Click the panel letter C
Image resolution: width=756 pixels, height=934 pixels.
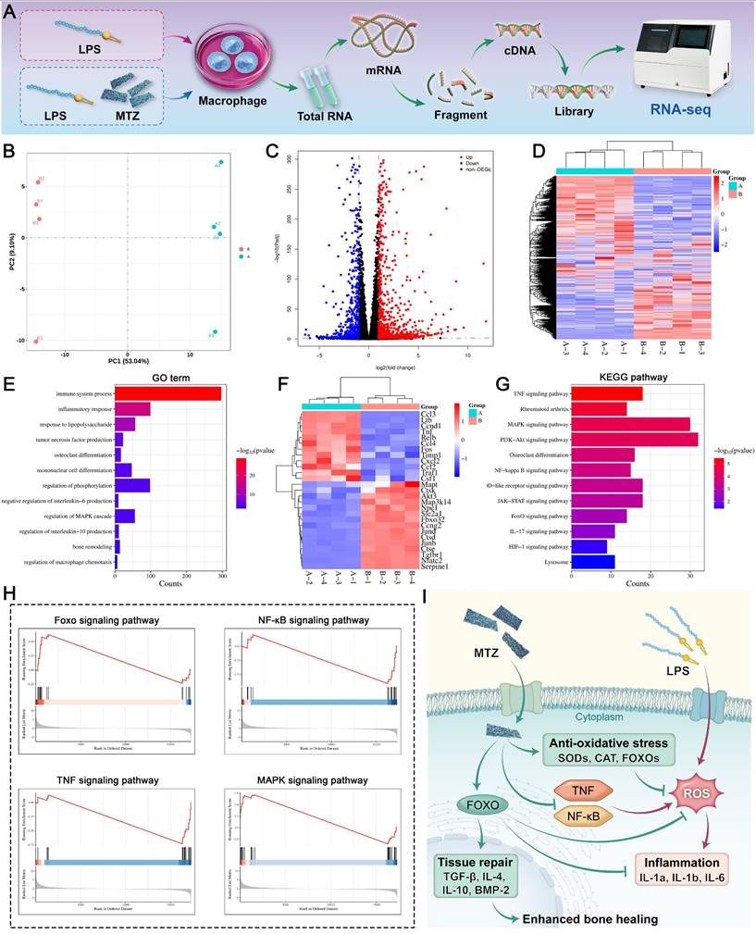[x=270, y=150]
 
